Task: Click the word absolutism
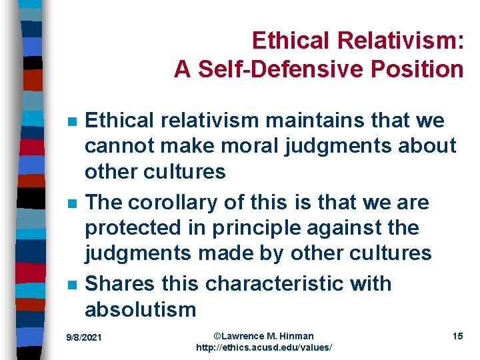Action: pyautogui.click(x=140, y=309)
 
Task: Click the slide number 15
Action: pyautogui.click(x=457, y=336)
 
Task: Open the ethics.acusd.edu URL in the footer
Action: pyautogui.click(x=263, y=348)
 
